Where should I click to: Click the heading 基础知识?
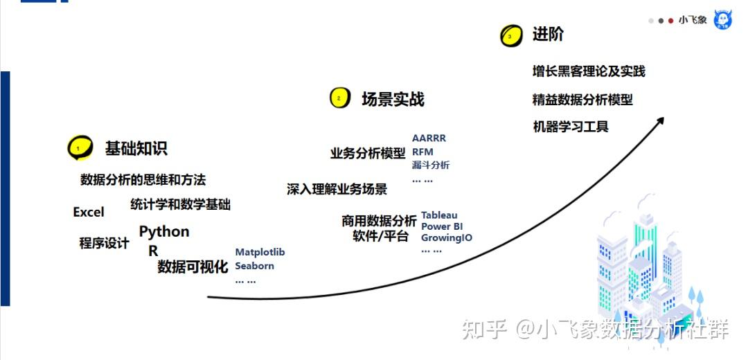(136, 148)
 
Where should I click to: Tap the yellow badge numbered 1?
(79, 147)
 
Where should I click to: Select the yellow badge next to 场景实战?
(339, 98)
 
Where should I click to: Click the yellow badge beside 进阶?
(511, 35)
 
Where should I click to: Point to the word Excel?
(89, 213)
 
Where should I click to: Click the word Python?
(164, 231)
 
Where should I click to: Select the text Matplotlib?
(260, 252)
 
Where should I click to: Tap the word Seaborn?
(254, 266)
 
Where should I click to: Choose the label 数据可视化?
(192, 267)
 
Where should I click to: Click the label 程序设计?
(104, 244)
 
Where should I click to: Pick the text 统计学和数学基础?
(180, 204)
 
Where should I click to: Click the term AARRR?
(429, 138)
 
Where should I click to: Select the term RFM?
(422, 152)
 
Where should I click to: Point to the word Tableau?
(439, 215)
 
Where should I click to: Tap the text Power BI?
(441, 226)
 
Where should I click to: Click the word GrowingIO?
(447, 237)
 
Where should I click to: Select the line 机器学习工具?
(570, 127)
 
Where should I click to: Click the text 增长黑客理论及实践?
(588, 71)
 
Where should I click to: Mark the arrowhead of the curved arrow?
(659, 120)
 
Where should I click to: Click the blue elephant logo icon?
(722, 20)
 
